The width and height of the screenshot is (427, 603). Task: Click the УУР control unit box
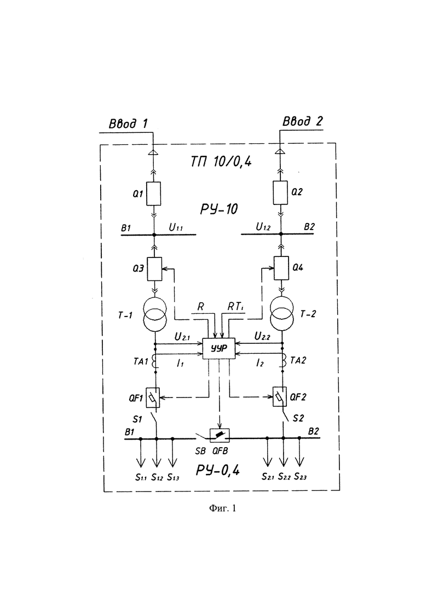click(218, 348)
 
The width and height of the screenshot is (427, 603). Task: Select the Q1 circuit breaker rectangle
click(154, 194)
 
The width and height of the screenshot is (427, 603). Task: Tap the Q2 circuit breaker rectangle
click(280, 192)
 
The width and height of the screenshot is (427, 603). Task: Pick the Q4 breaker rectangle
click(281, 268)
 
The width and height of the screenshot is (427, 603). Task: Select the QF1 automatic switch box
click(153, 397)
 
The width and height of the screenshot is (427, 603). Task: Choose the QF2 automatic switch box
click(280, 396)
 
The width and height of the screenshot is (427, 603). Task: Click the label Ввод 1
click(128, 124)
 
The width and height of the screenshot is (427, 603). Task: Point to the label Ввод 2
click(303, 121)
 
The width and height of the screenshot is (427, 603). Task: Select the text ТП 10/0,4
click(221, 162)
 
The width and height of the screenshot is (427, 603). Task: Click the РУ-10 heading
click(218, 209)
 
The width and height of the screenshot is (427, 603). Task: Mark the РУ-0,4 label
click(218, 470)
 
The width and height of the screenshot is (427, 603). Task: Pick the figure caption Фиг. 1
click(223, 508)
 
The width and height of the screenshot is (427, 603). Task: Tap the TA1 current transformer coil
click(155, 361)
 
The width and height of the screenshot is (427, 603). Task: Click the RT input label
click(235, 307)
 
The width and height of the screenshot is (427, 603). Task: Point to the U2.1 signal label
click(182, 337)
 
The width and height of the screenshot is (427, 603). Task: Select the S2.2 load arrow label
click(284, 477)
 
